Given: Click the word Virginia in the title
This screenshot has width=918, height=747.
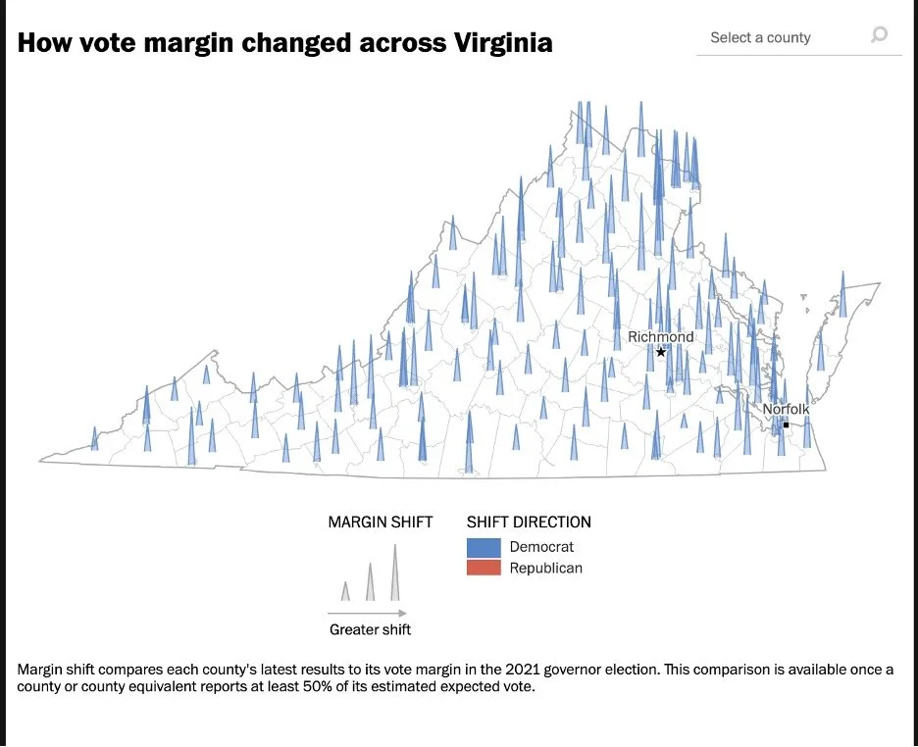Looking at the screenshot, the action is point(503,43).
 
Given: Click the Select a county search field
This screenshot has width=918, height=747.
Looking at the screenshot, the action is point(798,38).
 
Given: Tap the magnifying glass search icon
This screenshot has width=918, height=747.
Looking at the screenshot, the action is point(880,34).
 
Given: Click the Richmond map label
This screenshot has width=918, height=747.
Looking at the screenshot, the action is point(660,337).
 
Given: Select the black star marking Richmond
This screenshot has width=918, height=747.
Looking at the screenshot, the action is point(661,352).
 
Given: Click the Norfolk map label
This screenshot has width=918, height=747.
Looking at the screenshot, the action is point(786,409).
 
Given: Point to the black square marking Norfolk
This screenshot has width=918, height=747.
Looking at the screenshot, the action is point(787,424).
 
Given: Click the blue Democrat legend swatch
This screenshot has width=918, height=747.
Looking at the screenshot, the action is point(484,548).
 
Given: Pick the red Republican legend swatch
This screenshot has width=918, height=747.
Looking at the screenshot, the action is point(484,568).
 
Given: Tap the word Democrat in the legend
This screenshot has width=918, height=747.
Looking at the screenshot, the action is point(541,547).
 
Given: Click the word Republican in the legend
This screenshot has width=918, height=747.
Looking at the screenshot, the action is point(545,568).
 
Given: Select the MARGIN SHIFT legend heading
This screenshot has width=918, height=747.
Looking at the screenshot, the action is point(381,522).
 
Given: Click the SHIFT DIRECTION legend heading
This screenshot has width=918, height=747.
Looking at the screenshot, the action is point(529,522).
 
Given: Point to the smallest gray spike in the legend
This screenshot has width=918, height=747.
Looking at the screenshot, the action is point(345,591).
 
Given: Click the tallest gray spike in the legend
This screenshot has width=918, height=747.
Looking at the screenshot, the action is point(395,573).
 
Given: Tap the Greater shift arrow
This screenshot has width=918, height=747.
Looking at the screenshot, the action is point(367,613).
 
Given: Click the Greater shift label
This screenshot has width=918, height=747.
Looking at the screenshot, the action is point(370,629).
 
